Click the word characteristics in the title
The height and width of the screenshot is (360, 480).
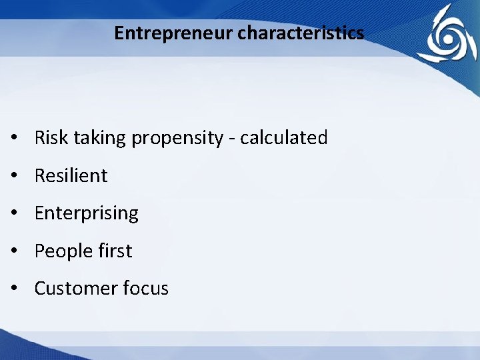coord(301,33)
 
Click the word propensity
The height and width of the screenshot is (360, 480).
coord(177,139)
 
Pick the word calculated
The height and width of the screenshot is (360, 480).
coord(284,138)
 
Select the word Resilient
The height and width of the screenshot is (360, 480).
coord(71,176)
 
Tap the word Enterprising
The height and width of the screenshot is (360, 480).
coord(86,214)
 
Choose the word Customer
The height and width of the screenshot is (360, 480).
coord(75,289)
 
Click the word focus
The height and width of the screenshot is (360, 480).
coord(145,289)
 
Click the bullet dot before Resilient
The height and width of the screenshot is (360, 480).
coord(14,177)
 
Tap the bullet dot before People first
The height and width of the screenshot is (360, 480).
coord(14,252)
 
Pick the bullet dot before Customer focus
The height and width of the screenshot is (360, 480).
coord(14,289)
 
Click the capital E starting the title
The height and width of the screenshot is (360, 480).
coord(119,33)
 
